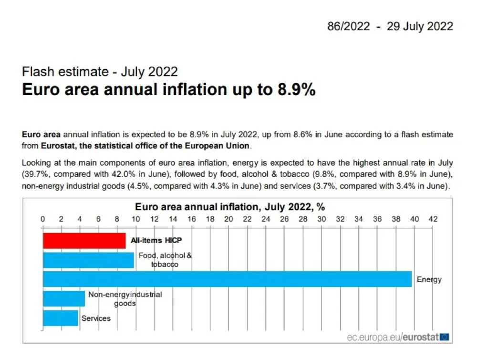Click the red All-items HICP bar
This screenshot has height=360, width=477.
coord(84,241)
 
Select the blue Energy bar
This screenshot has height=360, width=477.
coord(227,279)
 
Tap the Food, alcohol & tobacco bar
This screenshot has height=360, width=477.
coord(88,260)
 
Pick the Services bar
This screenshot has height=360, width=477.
coord(61,318)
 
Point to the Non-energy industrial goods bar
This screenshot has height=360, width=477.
coord(64,298)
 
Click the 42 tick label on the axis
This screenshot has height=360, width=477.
coord(433,219)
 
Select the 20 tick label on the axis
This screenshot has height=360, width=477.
coord(228,219)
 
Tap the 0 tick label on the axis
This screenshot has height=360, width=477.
coord(42,219)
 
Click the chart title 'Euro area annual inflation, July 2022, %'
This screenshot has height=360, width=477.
coord(230,207)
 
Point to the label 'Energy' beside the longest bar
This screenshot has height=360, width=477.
coord(429,280)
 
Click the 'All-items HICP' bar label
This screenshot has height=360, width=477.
coord(156,241)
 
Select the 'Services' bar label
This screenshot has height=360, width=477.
coord(96,318)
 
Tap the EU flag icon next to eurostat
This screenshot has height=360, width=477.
coord(445,337)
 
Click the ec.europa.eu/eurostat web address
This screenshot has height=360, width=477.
coord(393,337)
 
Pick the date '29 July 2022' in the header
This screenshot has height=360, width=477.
coord(420,26)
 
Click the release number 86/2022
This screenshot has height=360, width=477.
coord(349,26)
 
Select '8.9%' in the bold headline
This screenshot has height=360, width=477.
coord(296,90)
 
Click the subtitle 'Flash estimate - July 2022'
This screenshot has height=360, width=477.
coord(100,72)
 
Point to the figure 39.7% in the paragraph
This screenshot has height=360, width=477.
coord(35,174)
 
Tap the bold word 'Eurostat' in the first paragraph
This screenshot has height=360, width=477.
coord(58,146)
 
